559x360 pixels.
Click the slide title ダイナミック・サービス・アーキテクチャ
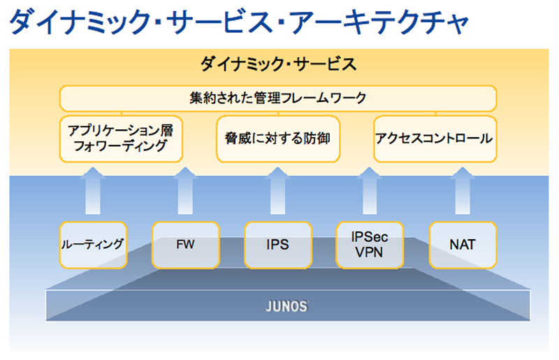coord(239,22)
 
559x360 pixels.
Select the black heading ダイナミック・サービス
coord(278,64)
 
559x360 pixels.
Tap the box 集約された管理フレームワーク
coord(278,98)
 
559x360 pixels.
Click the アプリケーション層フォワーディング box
coord(121,139)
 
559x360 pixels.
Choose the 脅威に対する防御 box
coord(278,139)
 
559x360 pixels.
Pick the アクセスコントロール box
coord(435,139)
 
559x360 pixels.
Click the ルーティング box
coord(93,245)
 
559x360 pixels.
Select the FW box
coord(185,245)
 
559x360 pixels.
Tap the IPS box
coord(277,245)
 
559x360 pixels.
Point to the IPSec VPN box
coord(370,245)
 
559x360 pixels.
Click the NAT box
coord(463,245)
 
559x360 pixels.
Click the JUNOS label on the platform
coord(287,306)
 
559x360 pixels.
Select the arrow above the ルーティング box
coord(93,191)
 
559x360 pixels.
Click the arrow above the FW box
coord(185,191)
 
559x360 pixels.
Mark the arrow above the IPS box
coord(277,191)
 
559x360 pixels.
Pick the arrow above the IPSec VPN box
coord(370,191)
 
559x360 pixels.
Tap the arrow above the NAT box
coord(463,191)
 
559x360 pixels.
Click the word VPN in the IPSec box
coord(369,252)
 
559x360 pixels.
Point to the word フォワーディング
coord(120,146)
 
